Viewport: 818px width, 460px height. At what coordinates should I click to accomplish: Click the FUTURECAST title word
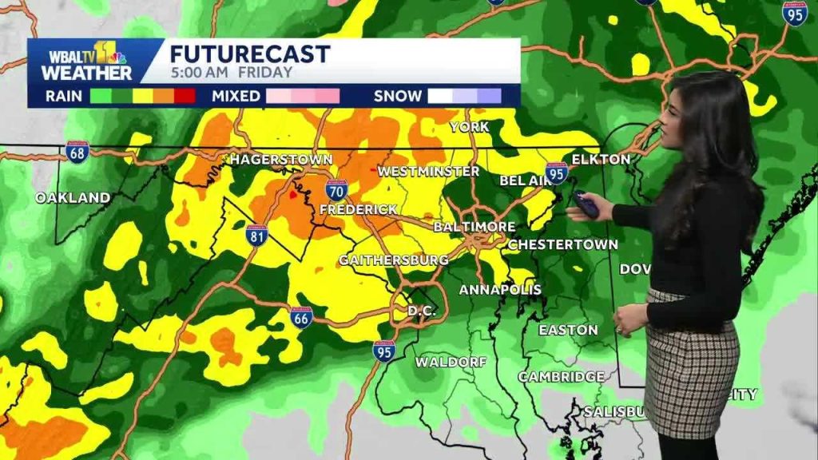tap(249, 54)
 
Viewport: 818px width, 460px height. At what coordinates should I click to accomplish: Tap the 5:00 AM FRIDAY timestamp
tap(231, 73)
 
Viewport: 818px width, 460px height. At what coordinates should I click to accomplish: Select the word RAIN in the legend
tap(64, 97)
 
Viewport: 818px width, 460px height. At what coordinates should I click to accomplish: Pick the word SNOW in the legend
tap(398, 97)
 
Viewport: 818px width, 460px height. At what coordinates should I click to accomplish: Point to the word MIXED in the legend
tap(236, 97)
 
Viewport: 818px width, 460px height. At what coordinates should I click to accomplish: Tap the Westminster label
tap(428, 172)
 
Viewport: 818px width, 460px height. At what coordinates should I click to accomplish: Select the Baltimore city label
tap(475, 227)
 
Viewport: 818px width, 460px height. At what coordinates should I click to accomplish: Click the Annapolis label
tap(501, 289)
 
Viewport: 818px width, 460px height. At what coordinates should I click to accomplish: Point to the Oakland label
tap(73, 197)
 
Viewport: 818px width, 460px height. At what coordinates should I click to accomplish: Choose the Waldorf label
tap(451, 362)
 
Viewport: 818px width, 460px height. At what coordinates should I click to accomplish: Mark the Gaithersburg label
tap(393, 260)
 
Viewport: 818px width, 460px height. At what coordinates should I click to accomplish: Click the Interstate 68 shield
tap(77, 151)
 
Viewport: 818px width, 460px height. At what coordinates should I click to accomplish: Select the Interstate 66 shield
tap(301, 317)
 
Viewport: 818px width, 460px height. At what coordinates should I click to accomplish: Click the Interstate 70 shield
tap(336, 190)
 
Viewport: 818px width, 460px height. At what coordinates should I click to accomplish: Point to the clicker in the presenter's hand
tap(586, 204)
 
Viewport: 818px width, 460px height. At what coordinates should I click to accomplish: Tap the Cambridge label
tap(561, 376)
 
